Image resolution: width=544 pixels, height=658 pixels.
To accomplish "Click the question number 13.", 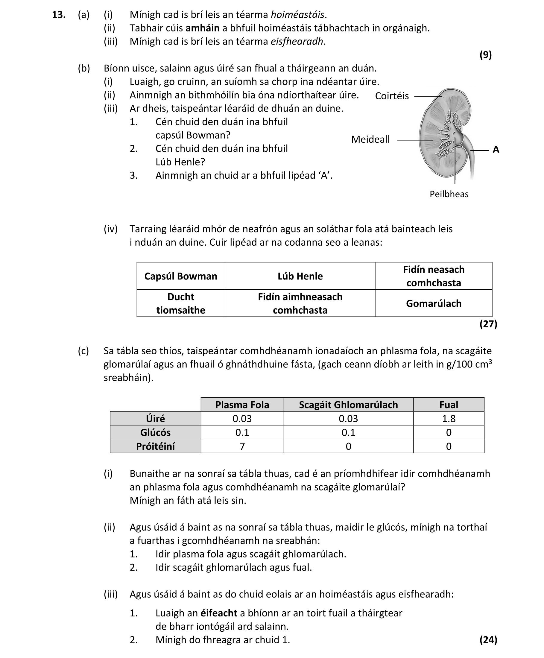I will coord(59,15).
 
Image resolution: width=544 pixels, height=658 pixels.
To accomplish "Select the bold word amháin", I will coord(203,28).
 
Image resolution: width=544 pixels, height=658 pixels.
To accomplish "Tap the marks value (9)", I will coord(485,55).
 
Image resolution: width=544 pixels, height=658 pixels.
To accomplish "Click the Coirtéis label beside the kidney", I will coord(392,96).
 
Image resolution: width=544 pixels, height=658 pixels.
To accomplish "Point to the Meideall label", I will coord(370,139).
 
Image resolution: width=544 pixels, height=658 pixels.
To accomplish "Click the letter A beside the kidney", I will coord(496,149).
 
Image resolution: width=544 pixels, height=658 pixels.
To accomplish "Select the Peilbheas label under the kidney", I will coord(449,194).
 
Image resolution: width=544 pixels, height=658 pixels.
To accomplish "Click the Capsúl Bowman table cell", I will coord(181,276).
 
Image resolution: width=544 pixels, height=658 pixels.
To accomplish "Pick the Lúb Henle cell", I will coord(300,276).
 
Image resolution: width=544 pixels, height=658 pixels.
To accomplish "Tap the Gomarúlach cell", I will coord(433,303).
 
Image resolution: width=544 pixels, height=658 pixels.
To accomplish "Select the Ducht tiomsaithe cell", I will coord(181,303).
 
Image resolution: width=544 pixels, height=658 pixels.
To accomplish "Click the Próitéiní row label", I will coord(155,446).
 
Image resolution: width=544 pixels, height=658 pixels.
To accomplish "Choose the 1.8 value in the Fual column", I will coord(449,419).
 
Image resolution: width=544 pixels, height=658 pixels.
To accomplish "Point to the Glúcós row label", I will coord(155,432).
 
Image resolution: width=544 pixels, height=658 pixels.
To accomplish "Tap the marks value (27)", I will coord(488,324).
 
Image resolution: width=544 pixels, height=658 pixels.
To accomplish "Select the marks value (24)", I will coord(488,639).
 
